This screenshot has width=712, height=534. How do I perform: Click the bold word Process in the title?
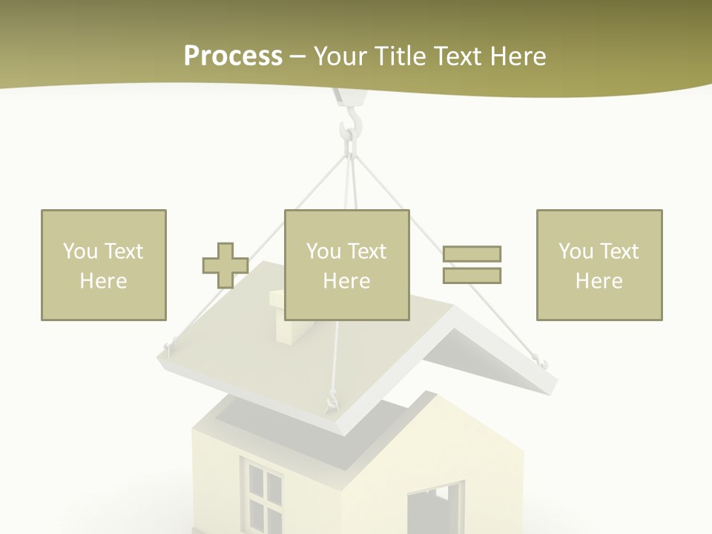coord(233,56)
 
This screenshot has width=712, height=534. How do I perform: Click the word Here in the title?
coord(517,56)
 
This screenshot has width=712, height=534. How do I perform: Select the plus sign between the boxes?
coord(225,266)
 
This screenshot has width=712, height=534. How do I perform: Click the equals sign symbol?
coord(472,265)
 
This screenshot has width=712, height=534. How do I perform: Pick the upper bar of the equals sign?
coord(472,254)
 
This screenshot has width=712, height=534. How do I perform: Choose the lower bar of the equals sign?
coord(472,276)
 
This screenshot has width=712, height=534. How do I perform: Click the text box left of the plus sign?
coord(104,265)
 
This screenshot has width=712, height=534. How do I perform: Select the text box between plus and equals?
coord(346,265)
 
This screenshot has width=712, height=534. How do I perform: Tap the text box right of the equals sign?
coord(599,265)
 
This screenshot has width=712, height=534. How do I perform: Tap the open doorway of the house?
coord(434,508)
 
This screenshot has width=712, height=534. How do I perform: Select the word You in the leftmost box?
coord(80,251)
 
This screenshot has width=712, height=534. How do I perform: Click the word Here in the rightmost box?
coord(599,281)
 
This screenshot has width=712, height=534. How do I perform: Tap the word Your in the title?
coord(340,56)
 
